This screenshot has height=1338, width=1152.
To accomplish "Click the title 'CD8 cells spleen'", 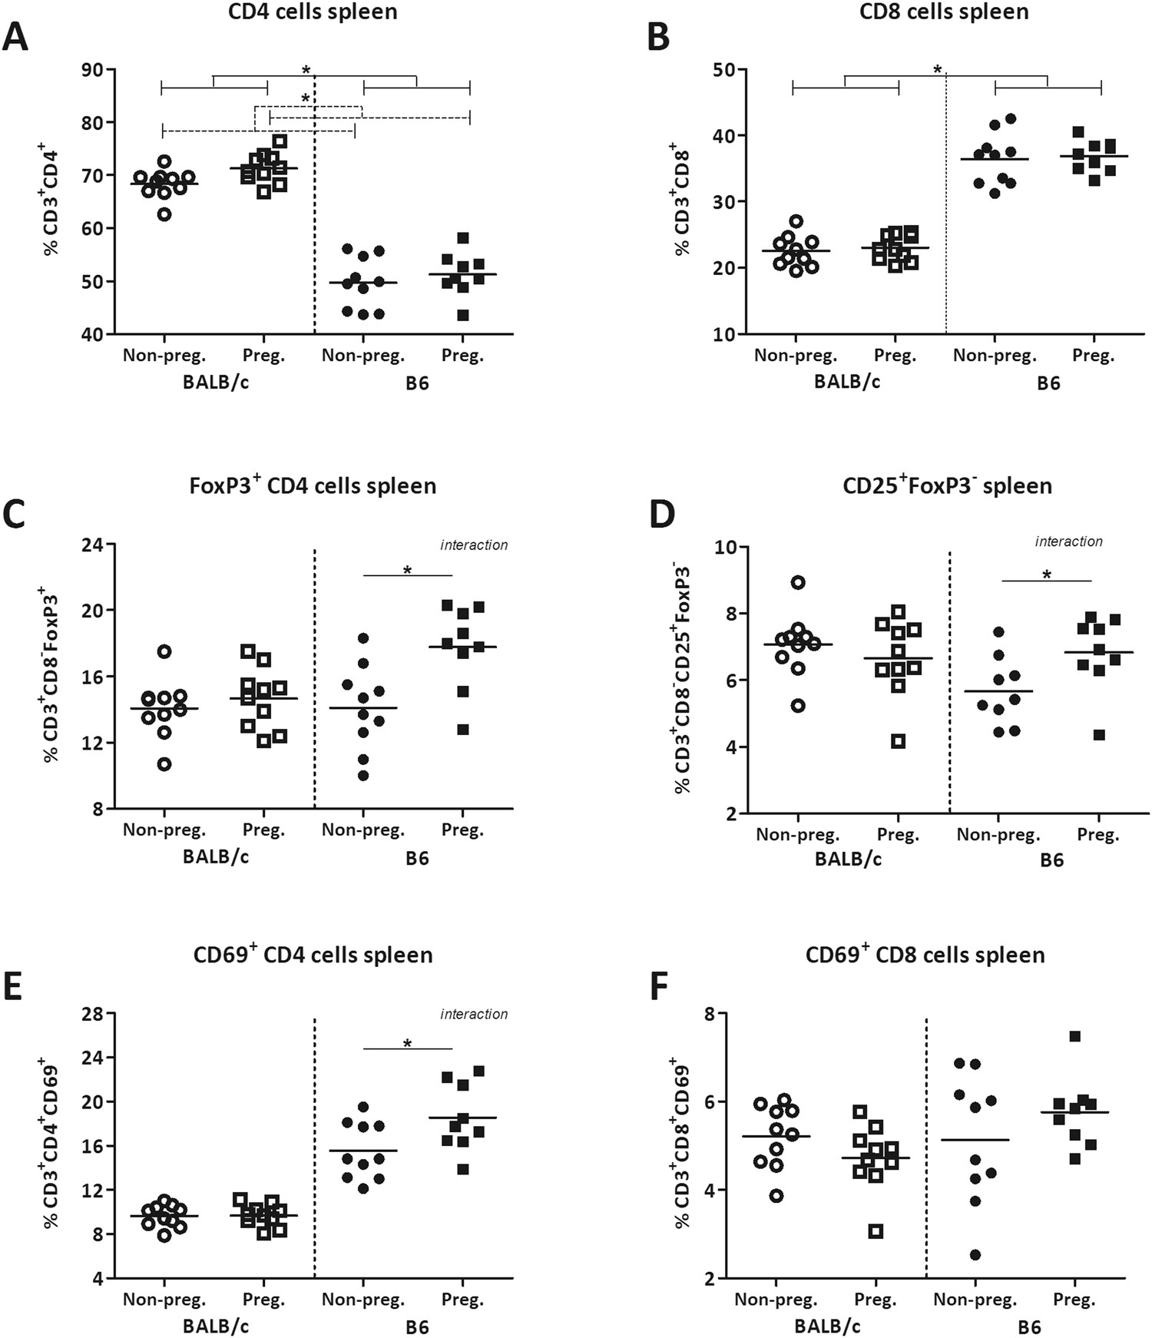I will point(944,12).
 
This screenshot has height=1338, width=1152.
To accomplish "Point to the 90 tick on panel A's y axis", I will point(96,70).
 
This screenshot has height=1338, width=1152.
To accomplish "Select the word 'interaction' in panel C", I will point(474,545).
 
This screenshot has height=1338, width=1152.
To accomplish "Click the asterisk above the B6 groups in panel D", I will point(1046,575).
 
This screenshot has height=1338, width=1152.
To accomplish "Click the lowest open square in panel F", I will point(876,1232).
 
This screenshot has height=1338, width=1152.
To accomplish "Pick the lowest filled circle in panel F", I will point(975,1255).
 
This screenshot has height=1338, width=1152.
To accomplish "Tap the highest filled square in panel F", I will point(1074,1037).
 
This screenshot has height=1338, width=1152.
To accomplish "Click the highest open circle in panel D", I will point(798,582).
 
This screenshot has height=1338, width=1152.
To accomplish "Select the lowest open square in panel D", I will point(898,741).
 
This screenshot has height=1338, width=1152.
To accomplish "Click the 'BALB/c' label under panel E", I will point(216,1326).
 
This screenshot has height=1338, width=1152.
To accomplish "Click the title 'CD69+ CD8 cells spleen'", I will point(925,955).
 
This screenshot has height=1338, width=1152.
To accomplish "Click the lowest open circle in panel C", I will point(164,764).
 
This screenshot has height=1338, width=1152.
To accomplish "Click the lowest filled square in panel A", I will point(462,315).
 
